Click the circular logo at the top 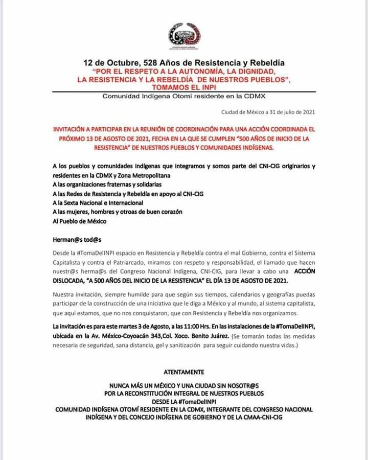184,34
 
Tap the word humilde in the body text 143,295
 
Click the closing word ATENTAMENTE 184,372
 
